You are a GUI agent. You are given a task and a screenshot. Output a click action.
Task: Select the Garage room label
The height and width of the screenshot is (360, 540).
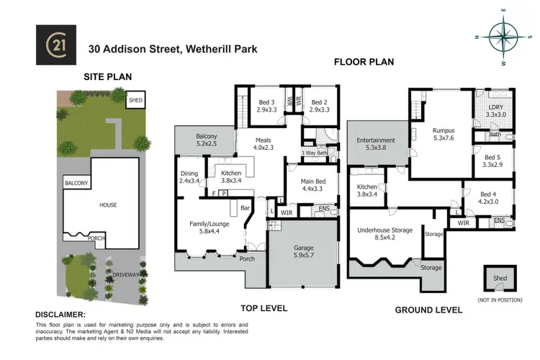(302, 251)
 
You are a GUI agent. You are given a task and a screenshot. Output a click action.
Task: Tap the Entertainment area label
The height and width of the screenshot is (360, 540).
(376, 144)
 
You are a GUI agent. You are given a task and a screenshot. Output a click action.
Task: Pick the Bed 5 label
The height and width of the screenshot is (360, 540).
(492, 161)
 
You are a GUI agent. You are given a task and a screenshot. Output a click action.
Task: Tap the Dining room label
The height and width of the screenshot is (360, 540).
(189, 177)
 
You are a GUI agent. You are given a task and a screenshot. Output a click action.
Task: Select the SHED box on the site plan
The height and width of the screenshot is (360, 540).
(135, 100)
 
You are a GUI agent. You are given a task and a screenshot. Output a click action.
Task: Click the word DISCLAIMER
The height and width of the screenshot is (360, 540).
(60, 315)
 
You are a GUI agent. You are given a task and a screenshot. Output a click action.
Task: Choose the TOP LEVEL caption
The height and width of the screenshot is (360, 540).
(264, 308)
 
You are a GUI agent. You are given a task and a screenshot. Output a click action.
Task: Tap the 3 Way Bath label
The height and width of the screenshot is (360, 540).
(315, 153)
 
